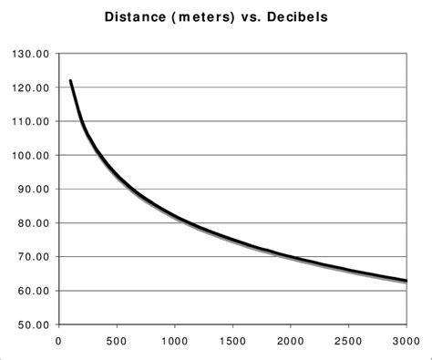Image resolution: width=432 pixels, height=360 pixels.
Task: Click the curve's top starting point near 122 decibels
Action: tap(70, 81)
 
